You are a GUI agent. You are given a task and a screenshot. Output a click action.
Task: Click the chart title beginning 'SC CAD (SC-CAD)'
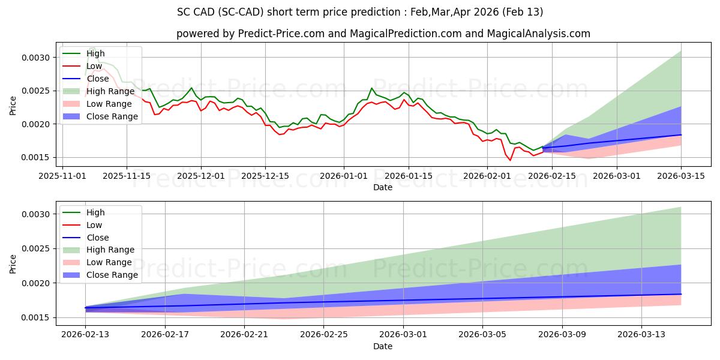click(360, 12)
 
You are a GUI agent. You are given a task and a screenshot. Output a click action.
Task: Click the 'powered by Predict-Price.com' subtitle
click(383, 34)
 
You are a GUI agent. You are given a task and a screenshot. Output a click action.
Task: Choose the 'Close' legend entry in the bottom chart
click(98, 238)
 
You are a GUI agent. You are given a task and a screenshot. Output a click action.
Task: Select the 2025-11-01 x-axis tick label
click(63, 176)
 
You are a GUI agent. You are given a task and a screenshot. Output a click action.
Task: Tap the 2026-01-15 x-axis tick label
click(409, 176)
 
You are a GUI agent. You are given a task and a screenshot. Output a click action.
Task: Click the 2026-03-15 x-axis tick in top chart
click(681, 176)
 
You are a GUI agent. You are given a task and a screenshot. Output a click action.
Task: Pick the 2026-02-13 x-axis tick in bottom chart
click(85, 335)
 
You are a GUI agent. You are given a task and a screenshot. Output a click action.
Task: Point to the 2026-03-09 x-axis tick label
click(562, 335)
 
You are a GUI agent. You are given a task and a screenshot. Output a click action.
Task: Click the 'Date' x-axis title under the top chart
click(383, 187)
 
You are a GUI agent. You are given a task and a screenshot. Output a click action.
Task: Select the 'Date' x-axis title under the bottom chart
click(383, 346)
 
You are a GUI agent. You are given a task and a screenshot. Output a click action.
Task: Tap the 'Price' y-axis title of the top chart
click(13, 106)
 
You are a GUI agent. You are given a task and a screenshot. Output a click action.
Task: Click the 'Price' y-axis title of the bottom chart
click(13, 265)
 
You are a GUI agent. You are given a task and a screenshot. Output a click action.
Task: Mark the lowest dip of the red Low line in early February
click(511, 160)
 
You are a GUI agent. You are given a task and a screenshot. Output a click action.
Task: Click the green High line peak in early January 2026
click(371, 88)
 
